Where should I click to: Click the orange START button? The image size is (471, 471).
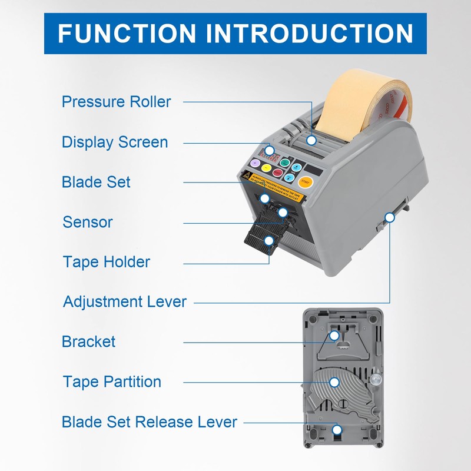point(306,182)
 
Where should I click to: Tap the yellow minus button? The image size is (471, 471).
point(267,168)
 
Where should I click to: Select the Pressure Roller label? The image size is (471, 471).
point(116,102)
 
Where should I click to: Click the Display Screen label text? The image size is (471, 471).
point(114,142)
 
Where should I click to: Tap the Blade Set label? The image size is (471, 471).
point(96,182)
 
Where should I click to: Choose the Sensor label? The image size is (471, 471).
point(87,222)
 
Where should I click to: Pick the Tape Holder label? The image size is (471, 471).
point(106,261)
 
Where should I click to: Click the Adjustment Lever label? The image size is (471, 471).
point(124,302)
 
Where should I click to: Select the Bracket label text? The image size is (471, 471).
point(88,341)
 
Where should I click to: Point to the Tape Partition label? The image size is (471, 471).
point(112,382)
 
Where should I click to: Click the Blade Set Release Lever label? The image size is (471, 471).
point(149,422)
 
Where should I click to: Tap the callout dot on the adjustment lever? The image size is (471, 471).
point(389,217)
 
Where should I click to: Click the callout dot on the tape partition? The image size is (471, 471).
point(334,382)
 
